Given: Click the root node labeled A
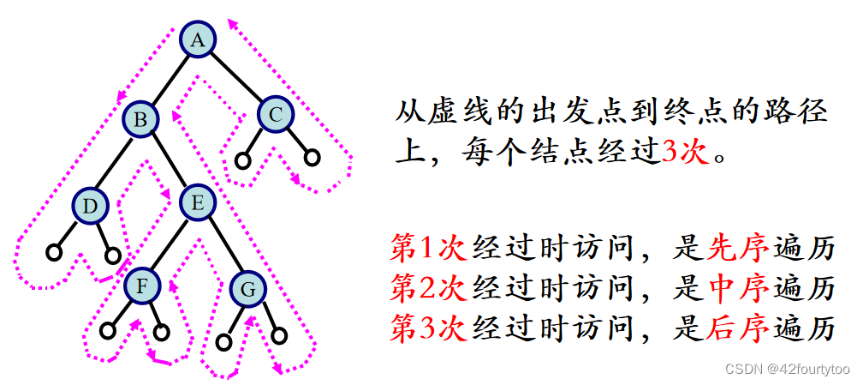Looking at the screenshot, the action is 198,39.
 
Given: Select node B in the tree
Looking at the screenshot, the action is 140,119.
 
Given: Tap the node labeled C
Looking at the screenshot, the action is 275,113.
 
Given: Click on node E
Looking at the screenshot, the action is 197,203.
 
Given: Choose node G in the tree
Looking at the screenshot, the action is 248,290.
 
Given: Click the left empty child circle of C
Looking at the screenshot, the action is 243,159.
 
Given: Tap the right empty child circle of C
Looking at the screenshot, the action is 312,158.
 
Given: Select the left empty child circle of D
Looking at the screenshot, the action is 54,253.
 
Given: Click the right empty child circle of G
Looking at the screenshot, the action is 277,336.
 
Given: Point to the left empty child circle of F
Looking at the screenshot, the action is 108,329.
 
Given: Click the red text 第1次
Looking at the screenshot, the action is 427,248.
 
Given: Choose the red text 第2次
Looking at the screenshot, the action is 427,288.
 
